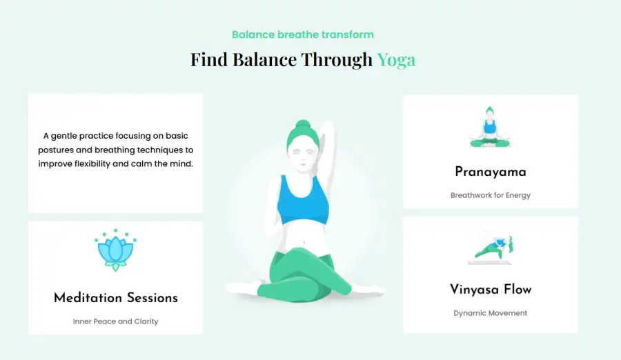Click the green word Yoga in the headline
point(396,61)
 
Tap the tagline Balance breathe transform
point(303,35)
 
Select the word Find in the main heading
point(208,59)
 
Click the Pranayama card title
point(491,172)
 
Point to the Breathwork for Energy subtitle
point(491,195)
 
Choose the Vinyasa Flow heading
point(491,290)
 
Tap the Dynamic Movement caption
point(491,313)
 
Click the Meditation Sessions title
point(116,298)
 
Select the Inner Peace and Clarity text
point(116,321)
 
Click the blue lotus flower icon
point(116,250)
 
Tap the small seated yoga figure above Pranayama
point(490,127)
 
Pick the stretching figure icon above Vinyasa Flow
point(490,250)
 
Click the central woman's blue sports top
point(303,200)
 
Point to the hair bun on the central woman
point(303,126)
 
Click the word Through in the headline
point(337,60)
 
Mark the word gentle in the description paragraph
point(63,137)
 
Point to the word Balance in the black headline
point(264,59)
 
